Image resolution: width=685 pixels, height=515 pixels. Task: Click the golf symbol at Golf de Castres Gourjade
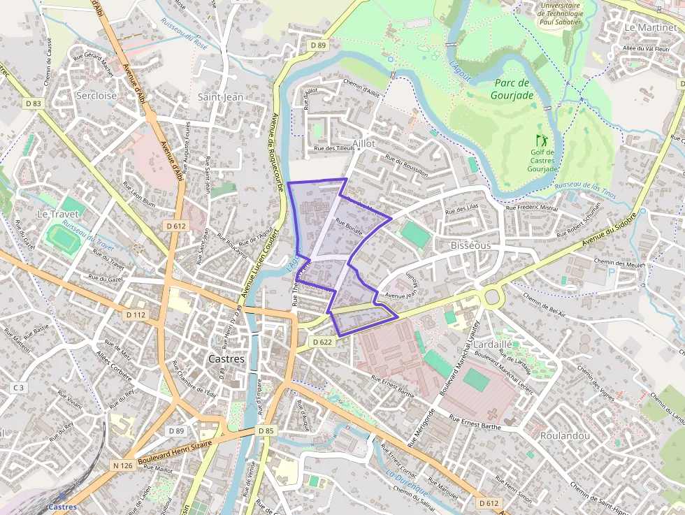[541, 140]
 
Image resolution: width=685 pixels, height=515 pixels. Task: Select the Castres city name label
[227, 358]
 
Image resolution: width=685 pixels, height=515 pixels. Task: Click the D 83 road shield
[34, 103]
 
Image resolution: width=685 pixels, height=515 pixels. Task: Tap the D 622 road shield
[322, 342]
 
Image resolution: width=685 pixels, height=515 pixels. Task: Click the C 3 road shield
[18, 388]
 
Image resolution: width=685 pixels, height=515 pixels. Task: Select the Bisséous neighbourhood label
[470, 246]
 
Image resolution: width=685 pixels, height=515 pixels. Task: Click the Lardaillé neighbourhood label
[493, 344]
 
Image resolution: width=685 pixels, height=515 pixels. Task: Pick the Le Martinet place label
[649, 27]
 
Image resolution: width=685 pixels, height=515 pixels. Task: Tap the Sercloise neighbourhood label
[96, 96]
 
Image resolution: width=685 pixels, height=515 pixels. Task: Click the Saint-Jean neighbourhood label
[220, 97]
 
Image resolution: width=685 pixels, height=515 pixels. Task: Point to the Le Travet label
[57, 213]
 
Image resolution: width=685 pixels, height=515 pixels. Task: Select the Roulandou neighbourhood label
[565, 435]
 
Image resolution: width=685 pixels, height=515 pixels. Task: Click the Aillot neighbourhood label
[363, 143]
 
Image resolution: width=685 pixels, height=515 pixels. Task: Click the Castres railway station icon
[62, 497]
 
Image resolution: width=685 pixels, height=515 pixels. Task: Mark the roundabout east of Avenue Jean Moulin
[492, 298]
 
